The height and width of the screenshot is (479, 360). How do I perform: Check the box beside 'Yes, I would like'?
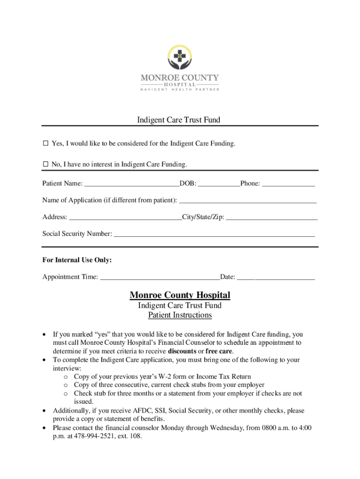pos(46,144)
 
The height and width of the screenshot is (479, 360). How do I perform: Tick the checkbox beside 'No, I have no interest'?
pos(46,164)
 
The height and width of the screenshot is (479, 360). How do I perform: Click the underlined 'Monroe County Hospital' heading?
pos(180,295)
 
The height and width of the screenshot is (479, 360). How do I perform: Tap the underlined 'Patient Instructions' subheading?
pos(180,315)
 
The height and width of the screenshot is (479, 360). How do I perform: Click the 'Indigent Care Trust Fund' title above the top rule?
pos(179,120)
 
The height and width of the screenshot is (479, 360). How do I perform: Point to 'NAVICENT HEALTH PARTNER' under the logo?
pos(180,89)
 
